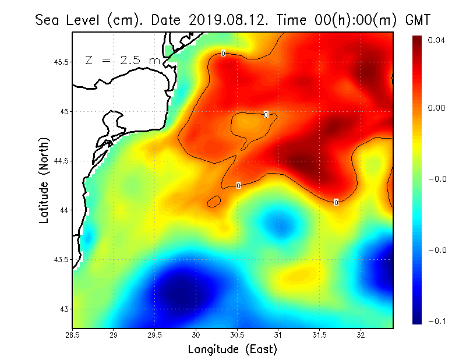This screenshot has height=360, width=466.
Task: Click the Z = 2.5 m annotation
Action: [122, 60]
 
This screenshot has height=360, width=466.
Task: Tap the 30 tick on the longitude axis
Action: [196, 335]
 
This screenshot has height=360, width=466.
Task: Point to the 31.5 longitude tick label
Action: [319, 335]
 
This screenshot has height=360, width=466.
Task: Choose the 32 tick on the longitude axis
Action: [361, 335]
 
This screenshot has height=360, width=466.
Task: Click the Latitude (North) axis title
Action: [44, 181]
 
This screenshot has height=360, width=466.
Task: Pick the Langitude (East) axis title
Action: [232, 350]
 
